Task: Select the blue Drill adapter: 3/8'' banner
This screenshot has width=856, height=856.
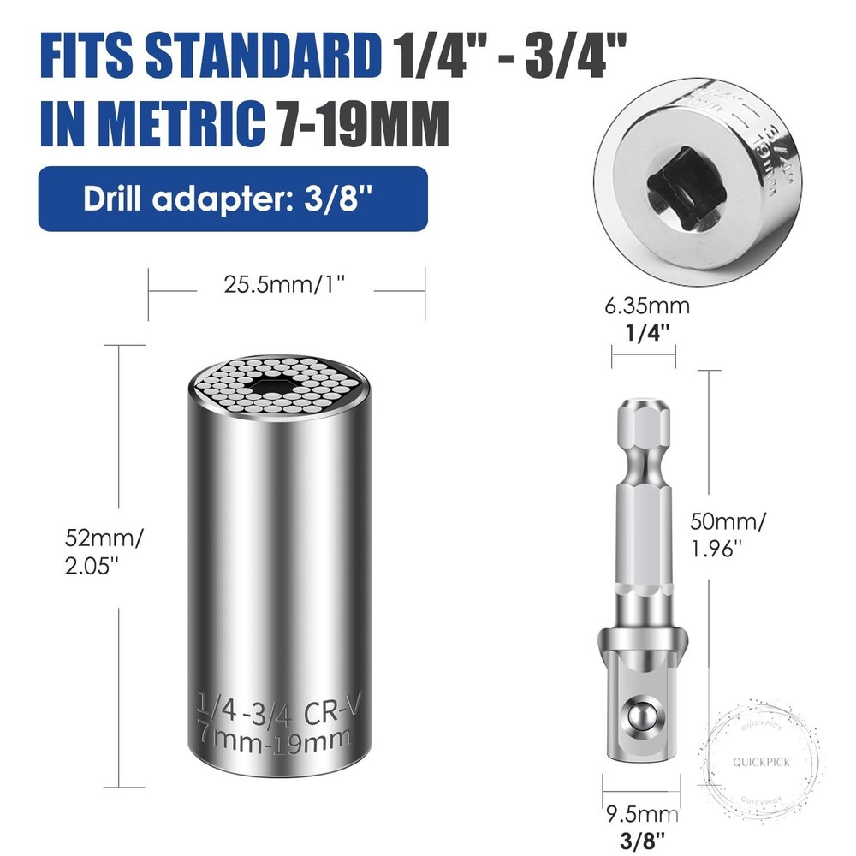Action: pos(232,198)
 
